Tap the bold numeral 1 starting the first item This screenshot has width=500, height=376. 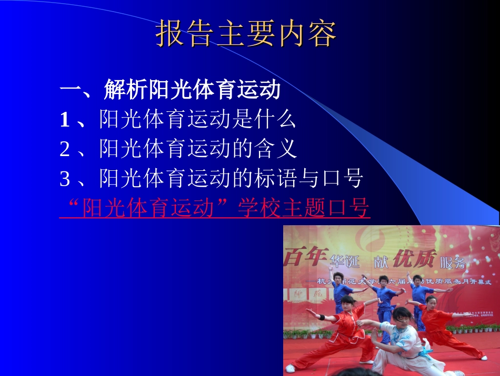click(x=65, y=121)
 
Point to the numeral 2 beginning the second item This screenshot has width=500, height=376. click(x=65, y=150)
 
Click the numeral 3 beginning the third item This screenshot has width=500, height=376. click(x=65, y=179)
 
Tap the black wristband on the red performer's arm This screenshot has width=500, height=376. click(x=322, y=317)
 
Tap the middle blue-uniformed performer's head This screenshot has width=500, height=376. click(x=384, y=280)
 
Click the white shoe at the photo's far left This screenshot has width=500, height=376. click(x=290, y=368)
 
